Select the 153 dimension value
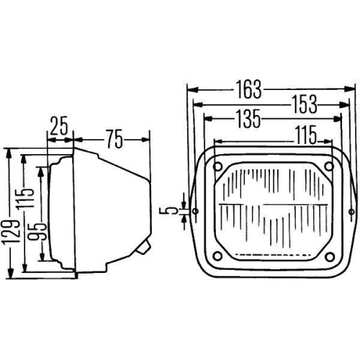[x=301, y=104]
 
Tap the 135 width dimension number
[x=244, y=119]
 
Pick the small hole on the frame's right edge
[x=352, y=212]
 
